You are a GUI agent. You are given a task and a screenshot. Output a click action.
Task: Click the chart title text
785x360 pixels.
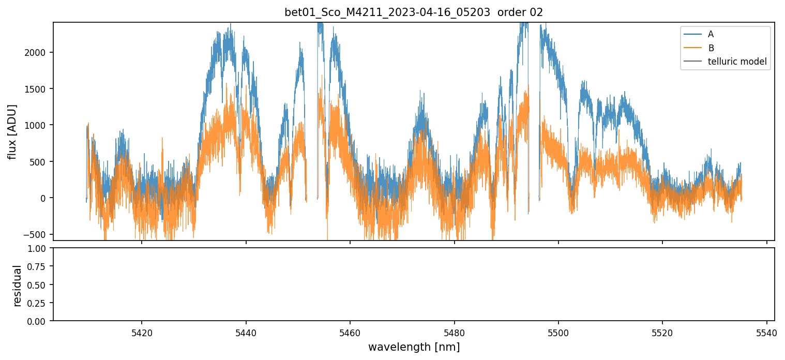pos(414,12)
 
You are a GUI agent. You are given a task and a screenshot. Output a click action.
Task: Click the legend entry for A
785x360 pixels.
pos(711,34)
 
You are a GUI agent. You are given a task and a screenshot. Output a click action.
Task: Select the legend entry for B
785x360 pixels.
pos(711,48)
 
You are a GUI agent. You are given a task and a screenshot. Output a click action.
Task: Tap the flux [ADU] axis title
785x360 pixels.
pos(12,131)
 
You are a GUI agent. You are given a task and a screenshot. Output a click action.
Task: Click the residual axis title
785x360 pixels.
pos(18,285)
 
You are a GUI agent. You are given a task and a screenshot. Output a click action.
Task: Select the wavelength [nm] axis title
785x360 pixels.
pos(414,347)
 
